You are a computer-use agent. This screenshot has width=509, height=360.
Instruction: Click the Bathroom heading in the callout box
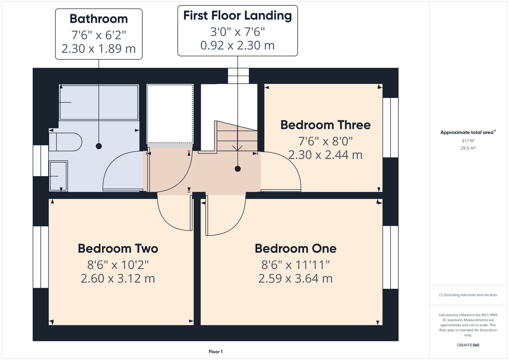pos(99,19)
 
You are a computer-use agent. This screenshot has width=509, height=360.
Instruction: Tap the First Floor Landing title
pos(237,16)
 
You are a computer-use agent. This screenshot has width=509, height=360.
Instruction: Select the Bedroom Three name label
pos(325,125)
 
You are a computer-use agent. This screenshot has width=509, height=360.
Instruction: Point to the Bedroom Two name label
pos(118,248)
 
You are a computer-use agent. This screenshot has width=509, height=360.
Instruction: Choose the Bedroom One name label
pos(295,248)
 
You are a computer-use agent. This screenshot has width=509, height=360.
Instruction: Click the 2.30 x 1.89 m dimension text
pos(99,49)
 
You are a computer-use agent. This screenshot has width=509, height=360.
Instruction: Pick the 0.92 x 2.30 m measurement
pos(237,45)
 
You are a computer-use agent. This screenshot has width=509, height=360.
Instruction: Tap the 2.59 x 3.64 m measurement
pos(295,279)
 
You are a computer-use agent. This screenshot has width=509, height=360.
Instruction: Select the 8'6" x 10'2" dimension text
pos(118,265)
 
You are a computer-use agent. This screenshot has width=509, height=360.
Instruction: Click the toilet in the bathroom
pos(66,142)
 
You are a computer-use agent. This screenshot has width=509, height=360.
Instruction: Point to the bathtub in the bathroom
pos(99,103)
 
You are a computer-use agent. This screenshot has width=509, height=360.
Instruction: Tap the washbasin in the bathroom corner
pos(58,176)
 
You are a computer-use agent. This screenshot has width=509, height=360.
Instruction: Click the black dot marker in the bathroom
pos(99,146)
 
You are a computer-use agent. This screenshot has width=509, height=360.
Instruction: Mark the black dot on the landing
pos(238,169)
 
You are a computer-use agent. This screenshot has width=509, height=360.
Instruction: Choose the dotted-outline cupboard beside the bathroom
pos(170,114)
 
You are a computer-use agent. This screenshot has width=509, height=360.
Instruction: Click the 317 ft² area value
pos(468,141)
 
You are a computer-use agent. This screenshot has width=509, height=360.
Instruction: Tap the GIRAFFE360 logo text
pos(468,345)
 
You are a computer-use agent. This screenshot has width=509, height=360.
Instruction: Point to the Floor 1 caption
pos(216,352)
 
